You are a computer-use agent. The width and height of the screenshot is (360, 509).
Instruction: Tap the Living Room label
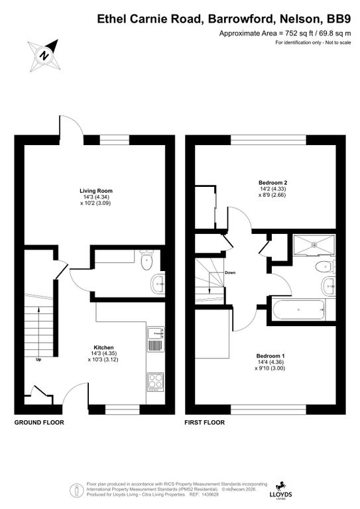click(x=96, y=191)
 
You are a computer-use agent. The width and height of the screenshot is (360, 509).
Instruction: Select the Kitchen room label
click(x=103, y=347)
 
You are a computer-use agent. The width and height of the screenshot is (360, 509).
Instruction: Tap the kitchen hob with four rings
click(x=155, y=382)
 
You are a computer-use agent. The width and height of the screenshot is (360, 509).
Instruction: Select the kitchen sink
click(x=156, y=339)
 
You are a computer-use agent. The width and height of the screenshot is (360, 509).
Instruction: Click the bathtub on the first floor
click(x=298, y=310)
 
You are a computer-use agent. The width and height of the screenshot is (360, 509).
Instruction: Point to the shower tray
click(x=314, y=245)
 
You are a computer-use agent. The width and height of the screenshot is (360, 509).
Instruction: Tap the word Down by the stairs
click(x=230, y=272)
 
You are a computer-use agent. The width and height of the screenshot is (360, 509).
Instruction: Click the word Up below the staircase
click(x=38, y=360)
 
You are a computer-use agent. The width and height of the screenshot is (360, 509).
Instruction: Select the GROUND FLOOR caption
click(x=39, y=422)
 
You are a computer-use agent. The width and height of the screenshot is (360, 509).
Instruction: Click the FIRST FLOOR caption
click(x=204, y=422)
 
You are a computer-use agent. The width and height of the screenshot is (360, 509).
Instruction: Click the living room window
click(x=114, y=140)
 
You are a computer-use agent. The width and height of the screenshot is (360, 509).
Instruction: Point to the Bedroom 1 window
click(x=269, y=410)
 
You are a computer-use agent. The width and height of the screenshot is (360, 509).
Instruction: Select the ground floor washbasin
click(x=158, y=284)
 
